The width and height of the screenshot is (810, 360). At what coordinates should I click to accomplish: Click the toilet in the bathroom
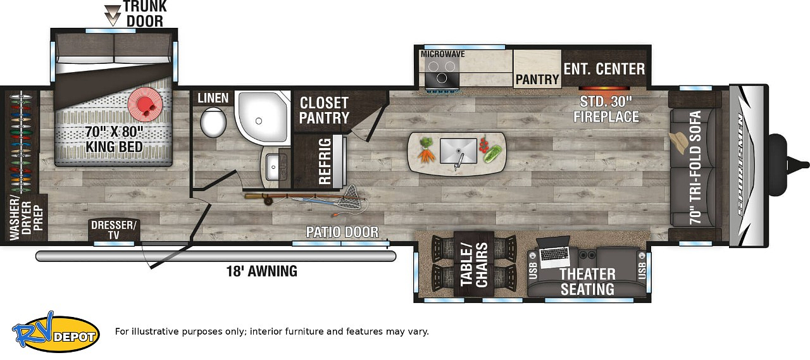(213, 122)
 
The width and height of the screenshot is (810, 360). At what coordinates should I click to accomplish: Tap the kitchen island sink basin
(458, 151)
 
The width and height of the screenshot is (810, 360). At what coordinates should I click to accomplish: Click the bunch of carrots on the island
(426, 150)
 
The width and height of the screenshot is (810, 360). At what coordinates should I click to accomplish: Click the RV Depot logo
(56, 333)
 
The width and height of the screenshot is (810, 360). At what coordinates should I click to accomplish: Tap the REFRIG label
(325, 161)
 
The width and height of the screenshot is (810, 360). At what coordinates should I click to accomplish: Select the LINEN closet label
(213, 98)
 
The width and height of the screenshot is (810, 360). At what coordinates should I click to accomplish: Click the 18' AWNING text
(262, 271)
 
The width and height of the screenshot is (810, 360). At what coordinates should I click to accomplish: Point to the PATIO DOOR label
(342, 232)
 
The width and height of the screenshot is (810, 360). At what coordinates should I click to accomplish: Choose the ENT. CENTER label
(604, 69)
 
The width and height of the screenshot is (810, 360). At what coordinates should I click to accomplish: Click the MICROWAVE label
(442, 54)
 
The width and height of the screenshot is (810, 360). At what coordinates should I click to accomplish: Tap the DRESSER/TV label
(113, 230)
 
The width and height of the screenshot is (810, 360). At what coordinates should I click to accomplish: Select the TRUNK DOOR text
(145, 14)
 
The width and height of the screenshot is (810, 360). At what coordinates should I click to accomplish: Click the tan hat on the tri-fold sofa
(678, 142)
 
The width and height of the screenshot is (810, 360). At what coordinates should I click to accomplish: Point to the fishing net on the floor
(349, 199)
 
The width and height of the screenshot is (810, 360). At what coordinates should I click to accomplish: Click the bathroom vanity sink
(273, 166)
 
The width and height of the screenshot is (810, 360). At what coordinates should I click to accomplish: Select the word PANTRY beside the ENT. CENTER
(537, 79)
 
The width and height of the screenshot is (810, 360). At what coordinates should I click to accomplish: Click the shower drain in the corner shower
(259, 121)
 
